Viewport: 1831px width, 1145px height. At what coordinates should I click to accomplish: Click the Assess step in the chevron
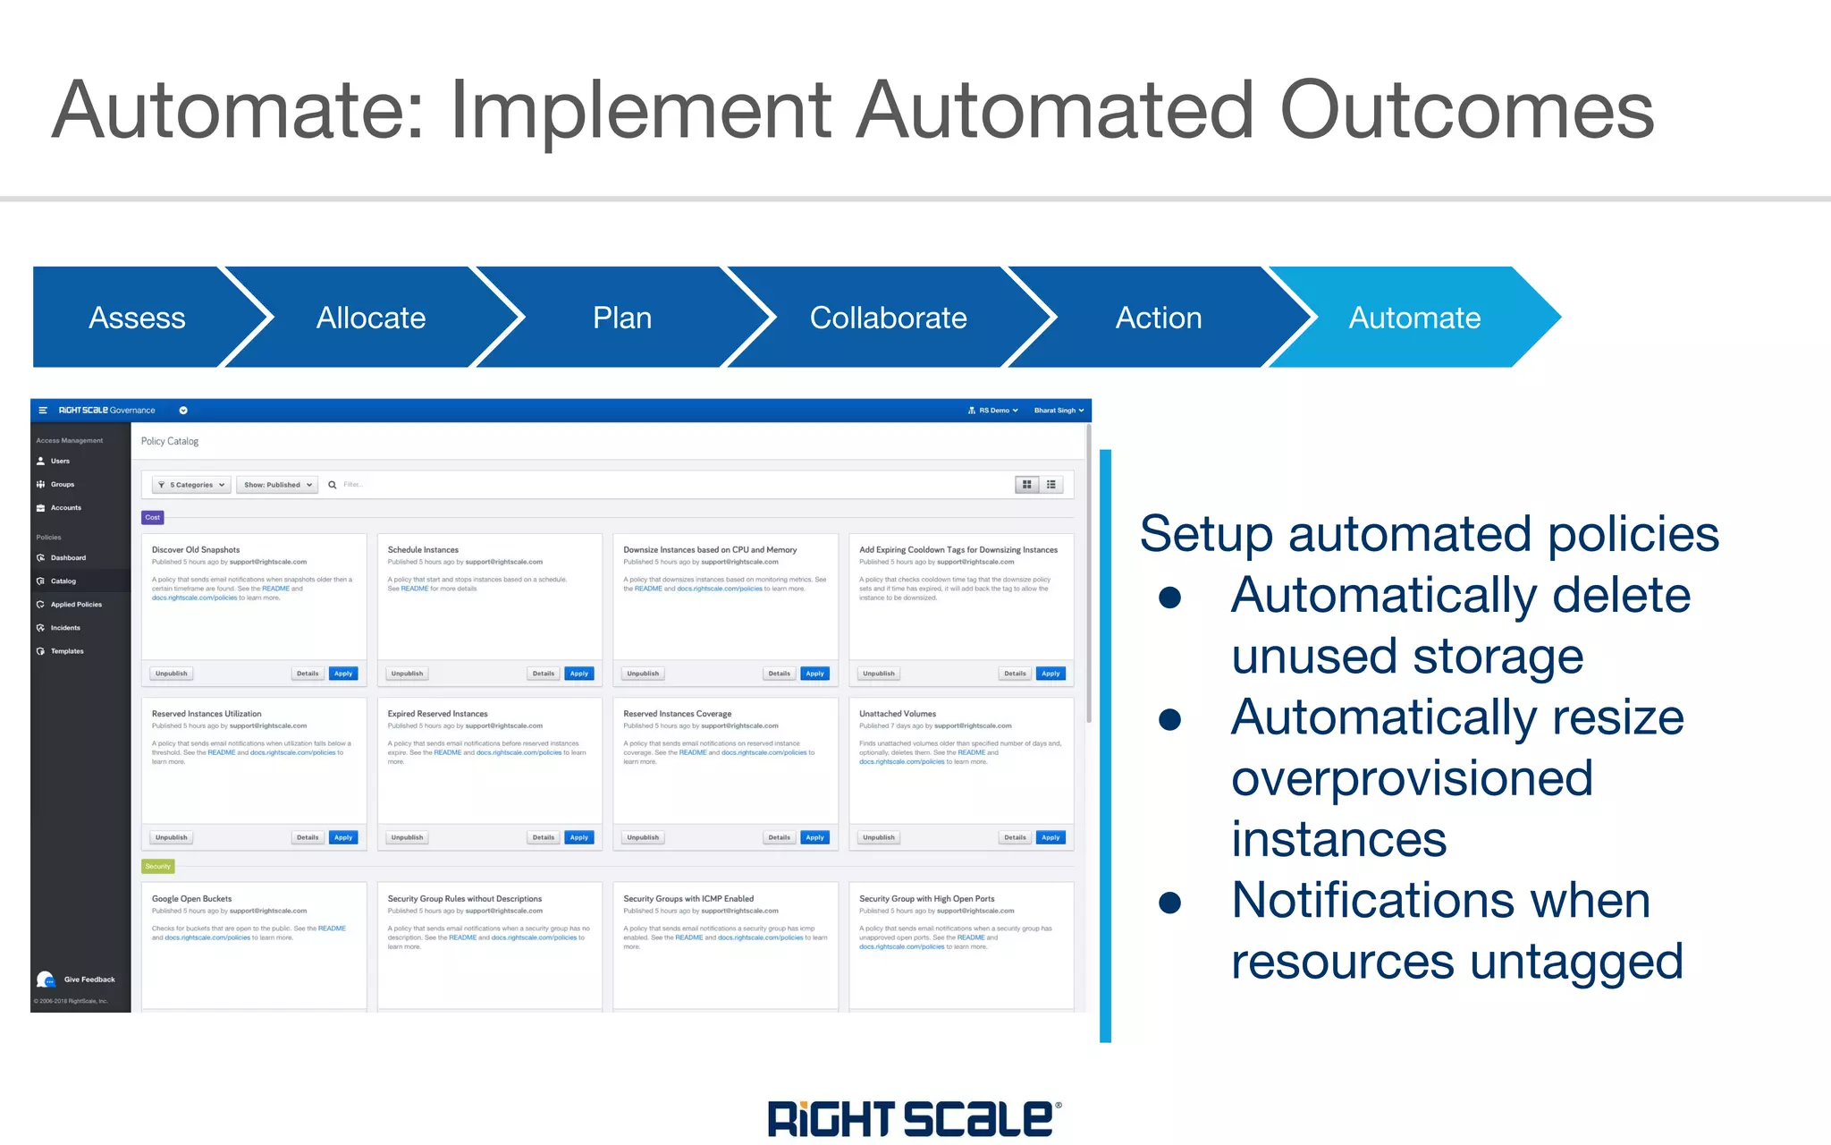pyautogui.click(x=137, y=318)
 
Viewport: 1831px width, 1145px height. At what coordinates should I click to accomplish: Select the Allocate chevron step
pyautogui.click(x=371, y=318)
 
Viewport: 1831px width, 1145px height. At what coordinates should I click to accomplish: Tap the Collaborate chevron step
pyautogui.click(x=888, y=318)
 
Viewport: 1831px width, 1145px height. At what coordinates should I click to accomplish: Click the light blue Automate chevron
pyautogui.click(x=1414, y=318)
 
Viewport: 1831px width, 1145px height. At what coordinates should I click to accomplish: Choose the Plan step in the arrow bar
pyautogui.click(x=622, y=318)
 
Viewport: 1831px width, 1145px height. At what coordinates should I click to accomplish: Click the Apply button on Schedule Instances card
pyautogui.click(x=579, y=674)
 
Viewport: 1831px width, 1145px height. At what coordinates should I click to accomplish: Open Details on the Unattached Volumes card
pyautogui.click(x=1015, y=837)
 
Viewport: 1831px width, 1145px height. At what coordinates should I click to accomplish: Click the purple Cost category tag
pyautogui.click(x=153, y=517)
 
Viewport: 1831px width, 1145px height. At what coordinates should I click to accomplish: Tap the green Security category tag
pyautogui.click(x=157, y=866)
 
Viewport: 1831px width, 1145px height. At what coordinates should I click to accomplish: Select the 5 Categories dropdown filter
pyautogui.click(x=191, y=485)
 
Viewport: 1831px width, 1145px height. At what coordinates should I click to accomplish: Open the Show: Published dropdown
pyautogui.click(x=277, y=485)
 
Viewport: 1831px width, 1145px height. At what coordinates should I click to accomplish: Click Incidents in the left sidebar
pyautogui.click(x=65, y=628)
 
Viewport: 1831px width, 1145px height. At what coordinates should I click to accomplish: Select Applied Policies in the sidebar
pyautogui.click(x=76, y=605)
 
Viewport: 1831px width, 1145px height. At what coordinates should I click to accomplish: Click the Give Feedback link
pyautogui.click(x=89, y=980)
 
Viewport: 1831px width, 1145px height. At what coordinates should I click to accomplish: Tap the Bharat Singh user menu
pyautogui.click(x=1059, y=411)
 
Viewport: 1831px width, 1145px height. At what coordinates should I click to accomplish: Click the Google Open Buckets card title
pyautogui.click(x=191, y=899)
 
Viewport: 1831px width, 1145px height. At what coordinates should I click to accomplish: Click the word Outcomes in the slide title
pyautogui.click(x=1466, y=111)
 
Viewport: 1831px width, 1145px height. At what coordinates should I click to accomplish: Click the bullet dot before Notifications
pyautogui.click(x=1169, y=903)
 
